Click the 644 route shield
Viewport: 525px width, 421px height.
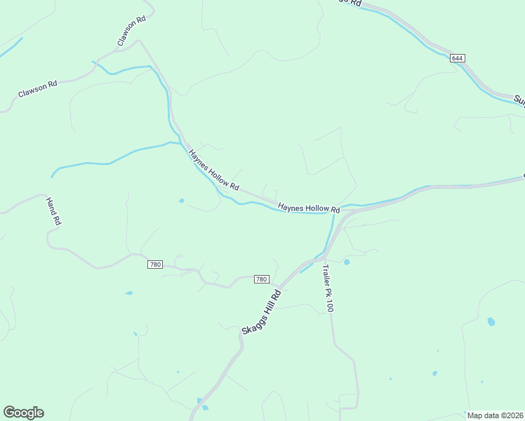pos(458,58)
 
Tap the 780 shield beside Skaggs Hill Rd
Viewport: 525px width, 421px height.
pos(261,279)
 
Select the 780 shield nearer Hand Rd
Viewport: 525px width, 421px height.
pos(155,265)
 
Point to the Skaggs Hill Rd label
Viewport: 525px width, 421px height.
pos(261,312)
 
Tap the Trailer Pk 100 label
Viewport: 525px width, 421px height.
pos(328,288)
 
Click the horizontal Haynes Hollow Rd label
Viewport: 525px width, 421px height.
pos(309,208)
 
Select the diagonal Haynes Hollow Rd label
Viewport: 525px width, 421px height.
pos(214,170)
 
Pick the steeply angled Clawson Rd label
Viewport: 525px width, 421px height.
pos(131,31)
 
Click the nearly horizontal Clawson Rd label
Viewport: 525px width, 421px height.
pos(37,90)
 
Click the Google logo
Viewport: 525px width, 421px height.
pos(23,413)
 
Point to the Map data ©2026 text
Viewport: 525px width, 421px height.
pos(495,415)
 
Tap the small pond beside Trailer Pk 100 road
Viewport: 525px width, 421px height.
pos(347,262)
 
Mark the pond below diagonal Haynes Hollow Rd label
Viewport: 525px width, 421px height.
pos(182,201)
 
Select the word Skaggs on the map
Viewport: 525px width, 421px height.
pos(251,323)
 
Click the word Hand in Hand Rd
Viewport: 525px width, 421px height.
pos(51,206)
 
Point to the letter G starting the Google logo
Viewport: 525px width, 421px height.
pos(9,413)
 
